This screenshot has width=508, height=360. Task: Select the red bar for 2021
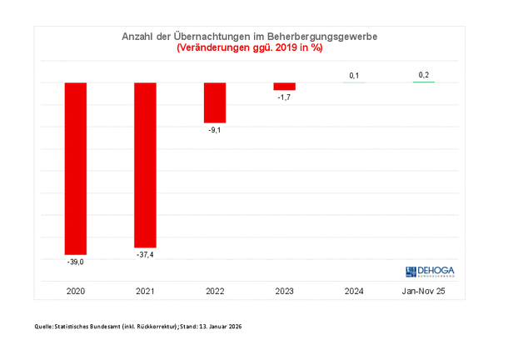(x=146, y=165)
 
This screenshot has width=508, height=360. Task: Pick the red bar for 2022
(x=215, y=102)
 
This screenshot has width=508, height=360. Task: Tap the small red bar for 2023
(x=285, y=87)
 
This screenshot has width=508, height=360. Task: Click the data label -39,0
(x=77, y=262)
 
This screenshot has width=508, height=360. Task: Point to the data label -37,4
(x=146, y=255)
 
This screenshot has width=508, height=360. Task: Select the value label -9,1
(x=215, y=130)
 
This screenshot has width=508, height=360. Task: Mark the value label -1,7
(x=285, y=97)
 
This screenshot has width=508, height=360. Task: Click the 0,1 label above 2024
(x=354, y=76)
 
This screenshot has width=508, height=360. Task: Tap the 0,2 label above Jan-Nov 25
(x=423, y=76)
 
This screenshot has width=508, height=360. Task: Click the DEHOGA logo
(x=431, y=271)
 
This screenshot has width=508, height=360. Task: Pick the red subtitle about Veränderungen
(x=250, y=48)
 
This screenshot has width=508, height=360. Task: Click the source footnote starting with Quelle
(x=137, y=326)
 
